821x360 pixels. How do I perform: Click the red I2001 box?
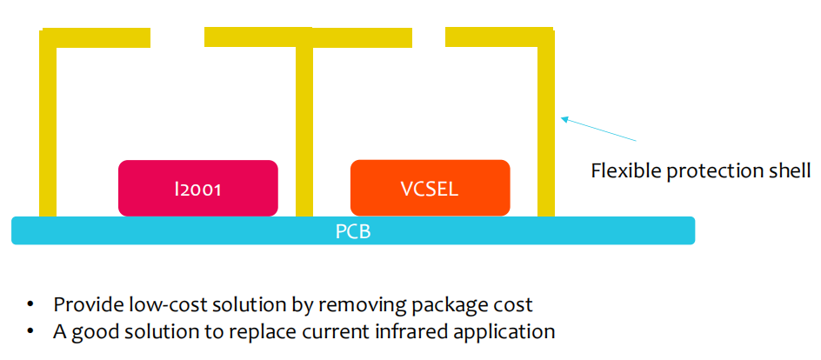198,188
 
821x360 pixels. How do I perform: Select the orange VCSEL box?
430,188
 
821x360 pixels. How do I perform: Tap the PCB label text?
353,231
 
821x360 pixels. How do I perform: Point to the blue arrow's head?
564,119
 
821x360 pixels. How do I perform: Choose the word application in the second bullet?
508,333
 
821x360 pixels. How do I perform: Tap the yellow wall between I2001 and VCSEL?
304,131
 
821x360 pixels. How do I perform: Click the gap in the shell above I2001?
177,37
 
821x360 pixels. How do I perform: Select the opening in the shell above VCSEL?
428,37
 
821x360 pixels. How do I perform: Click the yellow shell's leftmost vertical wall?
48,123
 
